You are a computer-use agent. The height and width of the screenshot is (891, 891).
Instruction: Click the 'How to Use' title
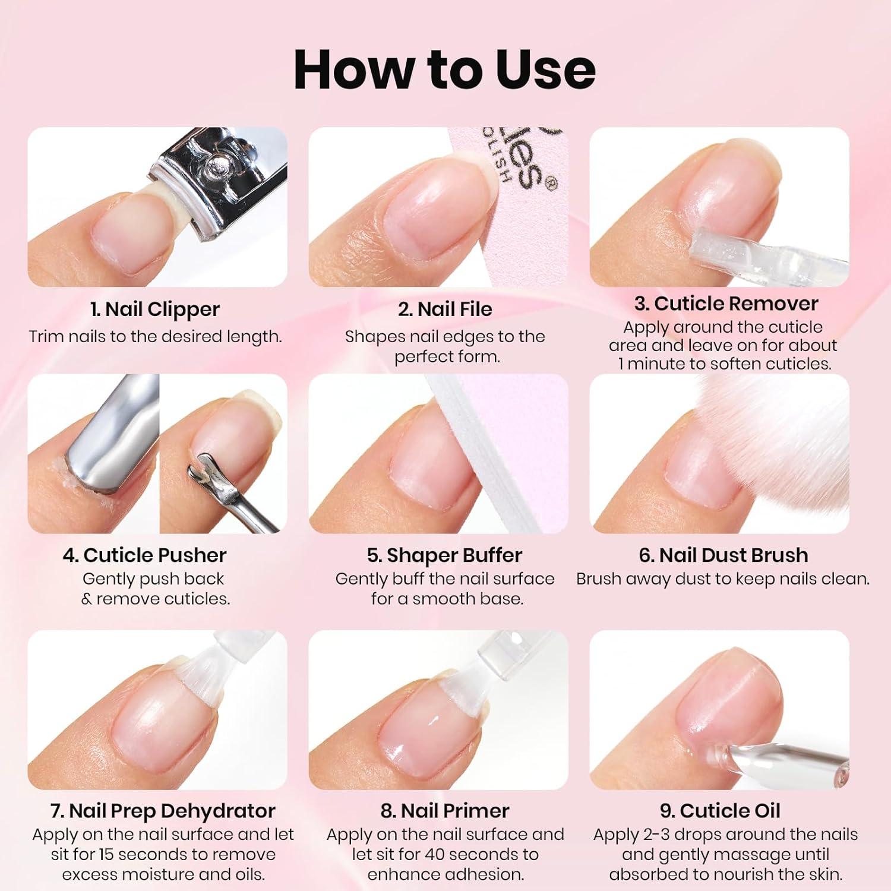point(444,69)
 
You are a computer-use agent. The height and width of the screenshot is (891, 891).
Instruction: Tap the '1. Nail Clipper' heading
point(155,309)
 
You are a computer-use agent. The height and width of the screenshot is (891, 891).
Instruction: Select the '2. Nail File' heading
point(445,309)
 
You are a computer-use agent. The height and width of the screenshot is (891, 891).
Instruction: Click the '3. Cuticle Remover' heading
point(726,304)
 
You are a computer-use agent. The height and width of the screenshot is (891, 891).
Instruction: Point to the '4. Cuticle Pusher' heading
point(144,555)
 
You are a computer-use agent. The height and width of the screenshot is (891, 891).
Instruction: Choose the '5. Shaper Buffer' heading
point(444,555)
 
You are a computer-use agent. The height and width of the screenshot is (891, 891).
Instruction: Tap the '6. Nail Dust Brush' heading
point(723,555)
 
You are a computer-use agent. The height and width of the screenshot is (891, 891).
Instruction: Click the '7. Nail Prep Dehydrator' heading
point(163,811)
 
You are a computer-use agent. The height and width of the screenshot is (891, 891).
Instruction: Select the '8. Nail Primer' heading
point(445,811)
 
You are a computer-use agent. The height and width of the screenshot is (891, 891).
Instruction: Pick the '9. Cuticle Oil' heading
point(720,811)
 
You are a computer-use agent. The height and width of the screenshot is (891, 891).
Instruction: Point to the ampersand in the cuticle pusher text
point(87,599)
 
